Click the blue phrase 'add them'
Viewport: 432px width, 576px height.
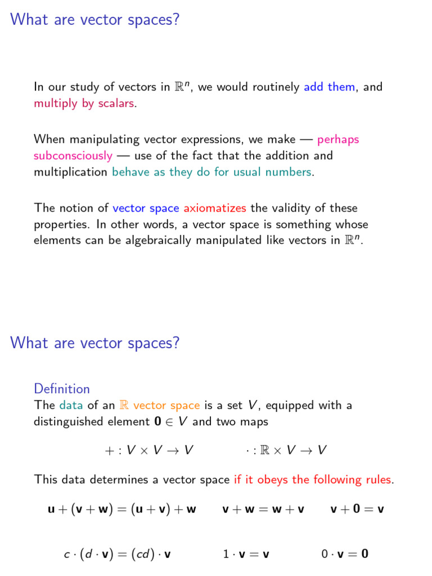click(x=330, y=87)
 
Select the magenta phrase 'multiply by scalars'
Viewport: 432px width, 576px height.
click(x=84, y=104)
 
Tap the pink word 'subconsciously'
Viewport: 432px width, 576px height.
click(x=73, y=156)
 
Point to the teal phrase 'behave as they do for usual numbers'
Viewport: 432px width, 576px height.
click(x=211, y=172)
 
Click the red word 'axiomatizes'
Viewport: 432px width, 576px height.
click(x=215, y=208)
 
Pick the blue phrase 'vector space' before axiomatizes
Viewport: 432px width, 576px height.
click(x=146, y=208)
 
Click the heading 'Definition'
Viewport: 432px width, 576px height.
click(x=62, y=389)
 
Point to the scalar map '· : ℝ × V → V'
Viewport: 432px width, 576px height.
click(x=286, y=450)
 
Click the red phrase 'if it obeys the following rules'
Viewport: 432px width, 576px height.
click(x=313, y=480)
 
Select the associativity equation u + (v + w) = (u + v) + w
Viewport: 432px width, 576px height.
click(x=122, y=510)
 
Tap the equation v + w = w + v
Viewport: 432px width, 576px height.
click(x=263, y=510)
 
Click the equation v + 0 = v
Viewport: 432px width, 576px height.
click(x=357, y=510)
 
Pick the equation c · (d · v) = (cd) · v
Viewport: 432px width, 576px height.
click(x=117, y=555)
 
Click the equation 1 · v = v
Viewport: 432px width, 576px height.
click(x=246, y=555)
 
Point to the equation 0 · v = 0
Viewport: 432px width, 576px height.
click(x=345, y=555)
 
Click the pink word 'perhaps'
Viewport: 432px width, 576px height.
click(x=338, y=139)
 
